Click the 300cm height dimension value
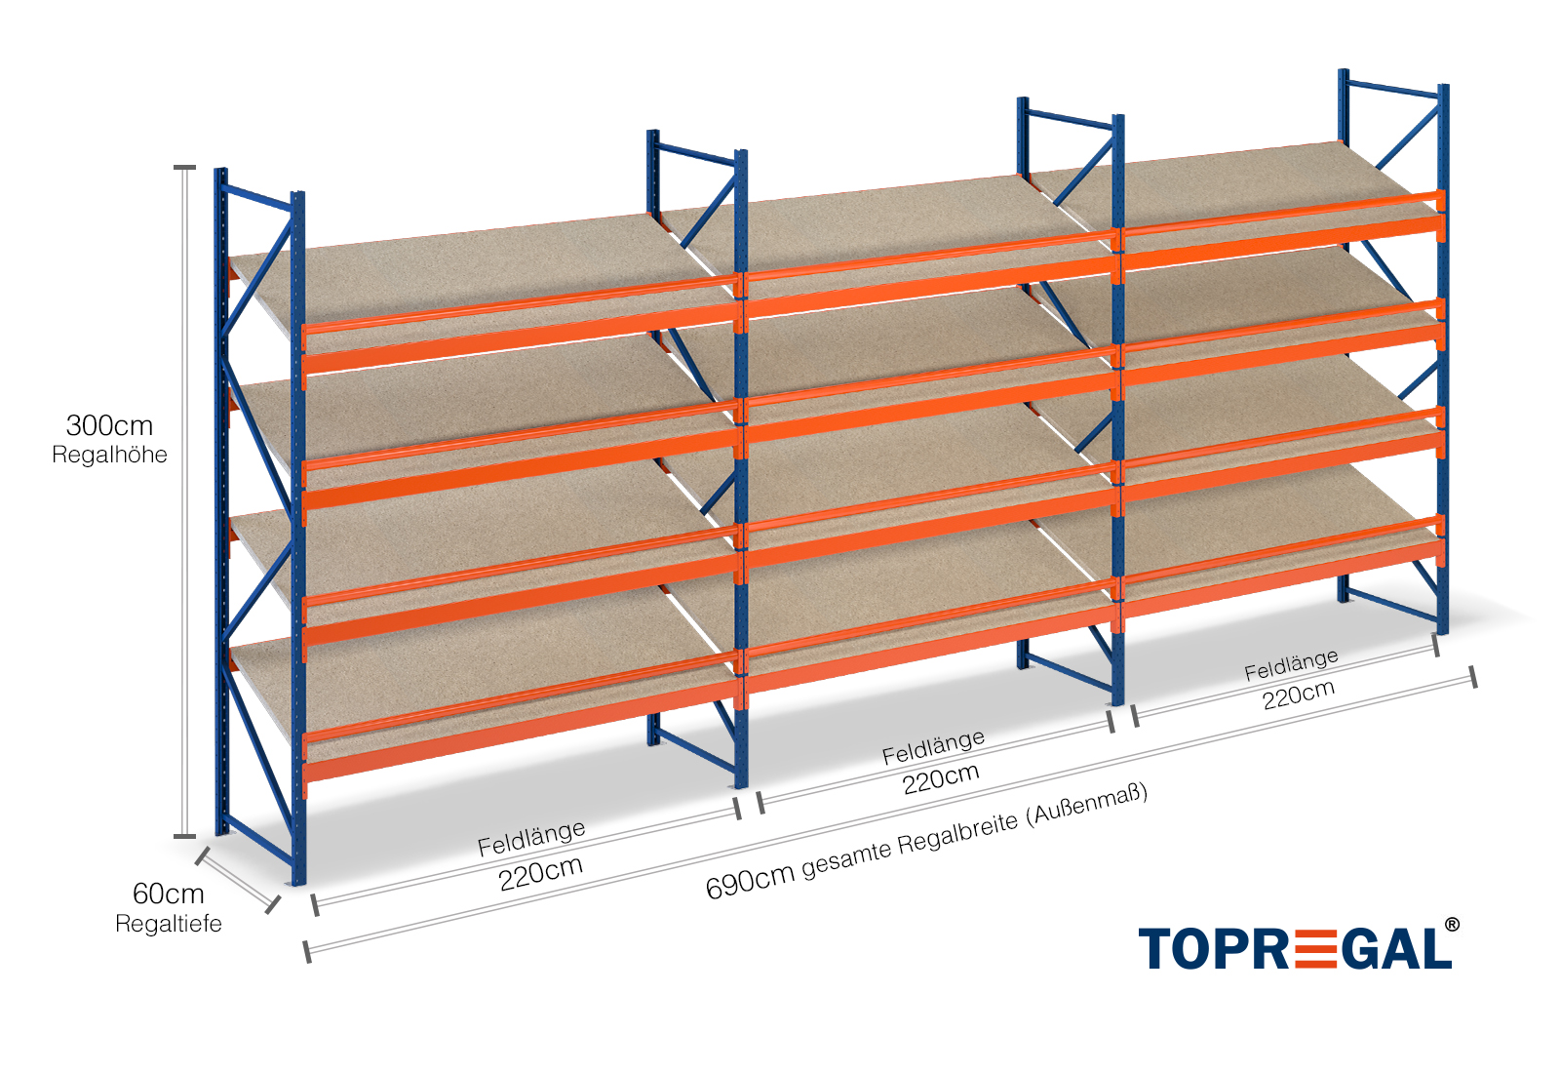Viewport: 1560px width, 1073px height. [x=109, y=425]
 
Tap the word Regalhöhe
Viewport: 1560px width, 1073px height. [x=109, y=455]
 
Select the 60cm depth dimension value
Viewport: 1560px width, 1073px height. [x=168, y=894]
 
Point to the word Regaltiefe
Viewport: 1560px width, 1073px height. [x=168, y=924]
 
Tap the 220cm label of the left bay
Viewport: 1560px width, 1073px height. [x=540, y=872]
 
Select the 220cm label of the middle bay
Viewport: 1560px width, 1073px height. [x=940, y=778]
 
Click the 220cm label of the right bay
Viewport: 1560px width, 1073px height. [x=1298, y=694]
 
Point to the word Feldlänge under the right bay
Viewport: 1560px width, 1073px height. [x=1290, y=665]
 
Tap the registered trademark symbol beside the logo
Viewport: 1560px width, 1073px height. [x=1452, y=924]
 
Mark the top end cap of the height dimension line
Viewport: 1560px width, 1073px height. [x=184, y=168]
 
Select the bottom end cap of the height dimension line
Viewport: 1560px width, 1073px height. [x=184, y=836]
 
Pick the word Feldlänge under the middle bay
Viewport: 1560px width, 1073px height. [x=933, y=747]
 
